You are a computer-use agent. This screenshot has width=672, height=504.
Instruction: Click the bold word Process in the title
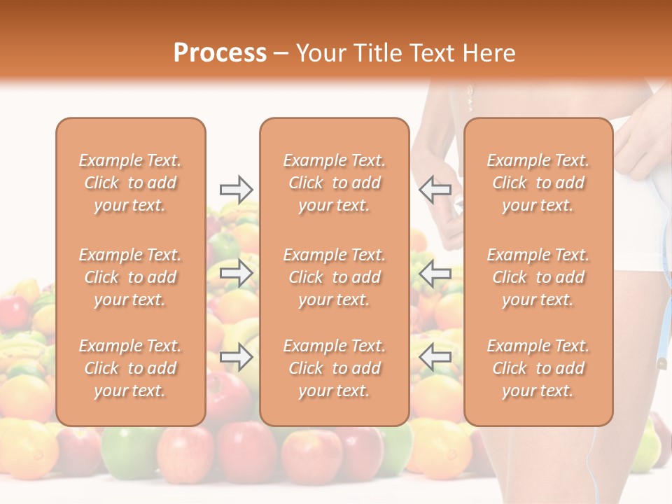(x=220, y=53)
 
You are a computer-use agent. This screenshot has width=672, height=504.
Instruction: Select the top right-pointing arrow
(x=236, y=189)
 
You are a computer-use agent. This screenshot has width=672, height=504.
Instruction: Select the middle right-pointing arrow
(x=236, y=273)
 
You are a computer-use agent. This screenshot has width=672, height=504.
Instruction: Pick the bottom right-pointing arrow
(x=236, y=357)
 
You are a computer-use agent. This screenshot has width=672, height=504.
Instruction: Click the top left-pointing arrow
(x=435, y=189)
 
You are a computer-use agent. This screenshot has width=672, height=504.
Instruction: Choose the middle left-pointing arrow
(x=435, y=273)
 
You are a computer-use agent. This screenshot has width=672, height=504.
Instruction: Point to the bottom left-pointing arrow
(x=435, y=357)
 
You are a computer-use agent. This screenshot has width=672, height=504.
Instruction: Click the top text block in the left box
(x=130, y=183)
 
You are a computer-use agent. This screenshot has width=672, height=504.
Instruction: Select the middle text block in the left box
(x=130, y=277)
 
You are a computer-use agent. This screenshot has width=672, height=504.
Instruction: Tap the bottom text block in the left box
(x=130, y=368)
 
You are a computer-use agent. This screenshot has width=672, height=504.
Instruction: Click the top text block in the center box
(x=334, y=183)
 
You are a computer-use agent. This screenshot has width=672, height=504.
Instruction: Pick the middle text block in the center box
(x=334, y=277)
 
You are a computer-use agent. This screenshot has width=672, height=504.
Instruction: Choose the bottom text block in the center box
(x=334, y=368)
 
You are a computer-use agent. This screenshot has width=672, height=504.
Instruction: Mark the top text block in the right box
(x=538, y=183)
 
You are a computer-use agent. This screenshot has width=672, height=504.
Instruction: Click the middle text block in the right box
(x=538, y=277)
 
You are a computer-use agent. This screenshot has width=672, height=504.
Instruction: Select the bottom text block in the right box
(x=538, y=368)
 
